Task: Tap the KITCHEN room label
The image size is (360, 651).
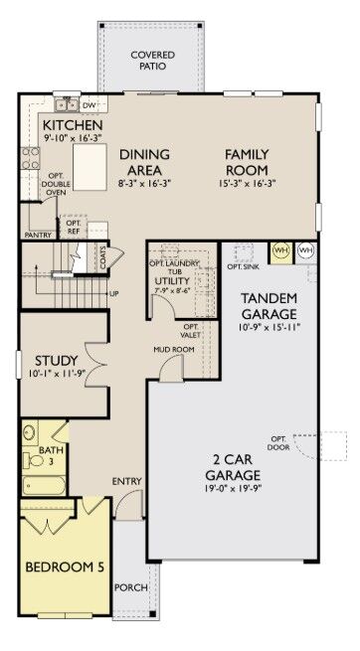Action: click(72, 125)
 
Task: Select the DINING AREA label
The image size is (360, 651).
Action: click(144, 162)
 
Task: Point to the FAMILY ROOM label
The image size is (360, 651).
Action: click(246, 162)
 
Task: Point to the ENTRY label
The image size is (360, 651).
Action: click(126, 482)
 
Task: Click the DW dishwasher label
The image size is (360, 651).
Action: click(89, 104)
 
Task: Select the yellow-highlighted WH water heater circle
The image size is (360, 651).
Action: click(280, 249)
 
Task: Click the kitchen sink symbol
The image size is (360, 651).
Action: click(66, 103)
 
